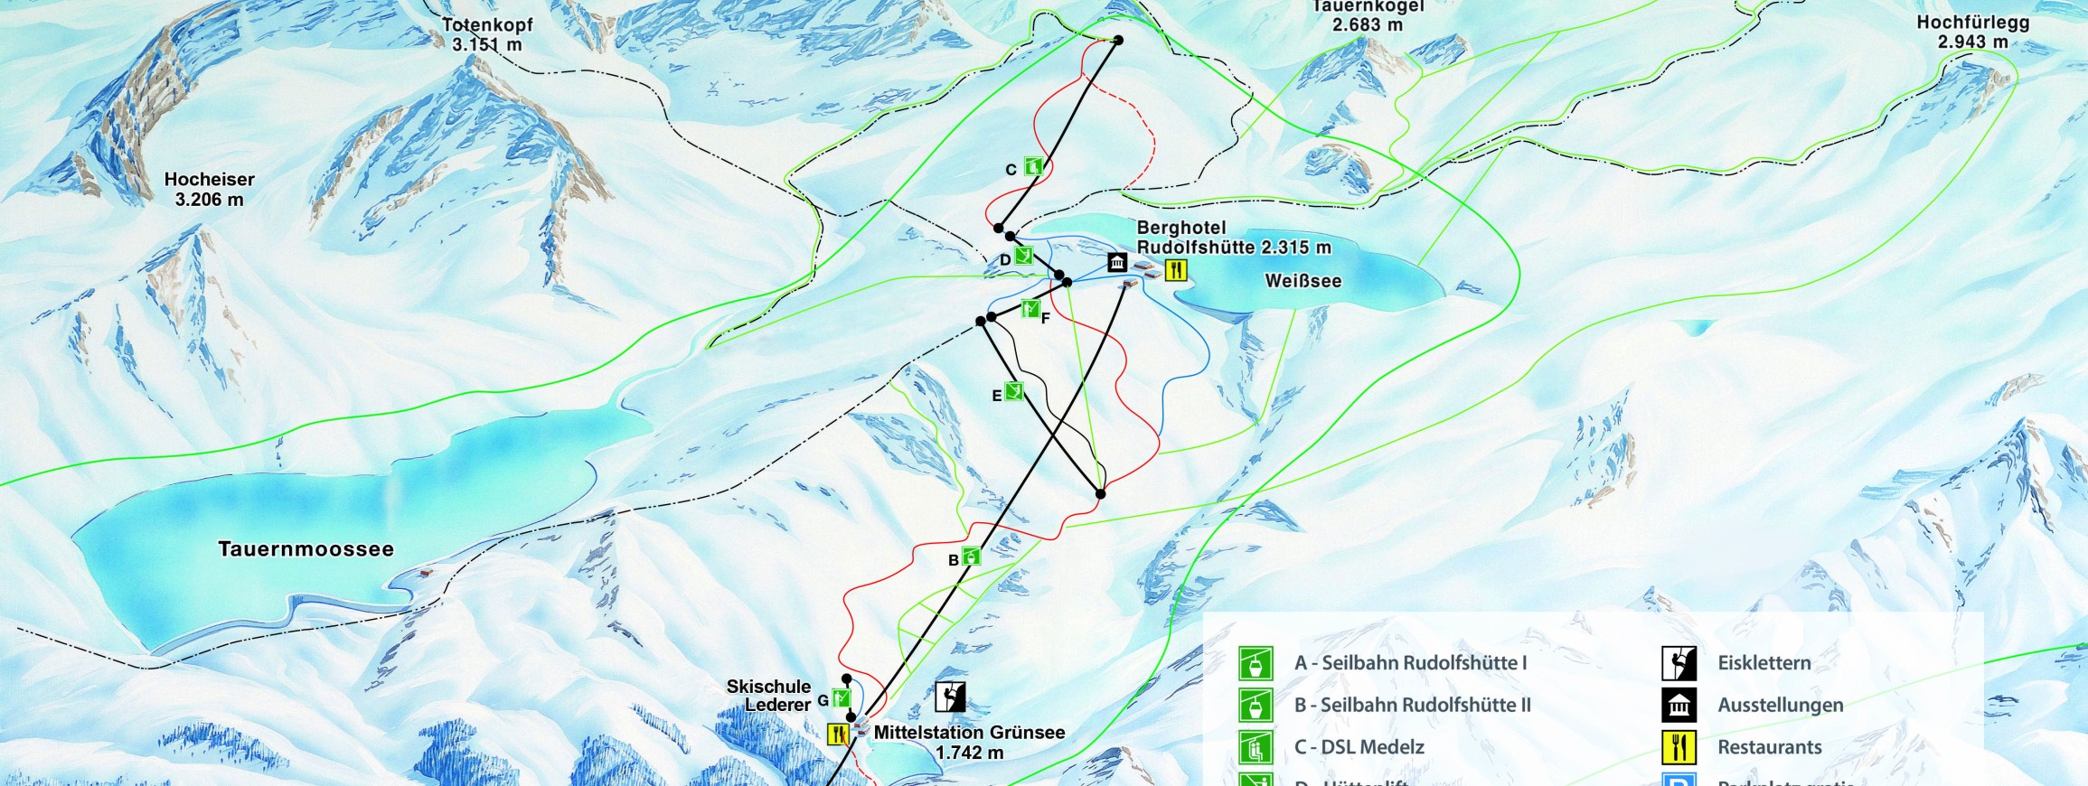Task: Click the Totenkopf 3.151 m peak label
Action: click(x=487, y=34)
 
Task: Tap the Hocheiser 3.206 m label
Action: click(x=209, y=190)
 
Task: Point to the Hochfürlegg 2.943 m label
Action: click(x=1972, y=33)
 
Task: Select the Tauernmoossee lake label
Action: click(x=306, y=549)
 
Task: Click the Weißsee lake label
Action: click(x=1303, y=281)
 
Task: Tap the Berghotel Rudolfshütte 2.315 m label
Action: click(x=1233, y=238)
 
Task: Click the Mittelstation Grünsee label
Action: click(x=969, y=742)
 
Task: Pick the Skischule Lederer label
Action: click(x=768, y=696)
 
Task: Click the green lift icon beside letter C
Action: click(x=1033, y=166)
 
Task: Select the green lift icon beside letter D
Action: click(x=1023, y=256)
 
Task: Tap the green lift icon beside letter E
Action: click(x=1014, y=391)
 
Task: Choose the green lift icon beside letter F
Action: click(x=1030, y=309)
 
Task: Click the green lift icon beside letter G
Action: click(x=842, y=697)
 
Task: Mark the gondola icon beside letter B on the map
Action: click(x=971, y=556)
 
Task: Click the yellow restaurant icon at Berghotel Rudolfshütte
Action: click(x=1175, y=269)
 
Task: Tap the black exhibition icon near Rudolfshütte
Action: click(x=1117, y=262)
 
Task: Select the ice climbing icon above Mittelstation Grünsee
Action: click(x=950, y=697)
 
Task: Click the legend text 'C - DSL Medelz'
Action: click(x=1359, y=747)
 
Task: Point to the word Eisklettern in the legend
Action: click(x=1764, y=663)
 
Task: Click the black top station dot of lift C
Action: click(x=1118, y=41)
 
